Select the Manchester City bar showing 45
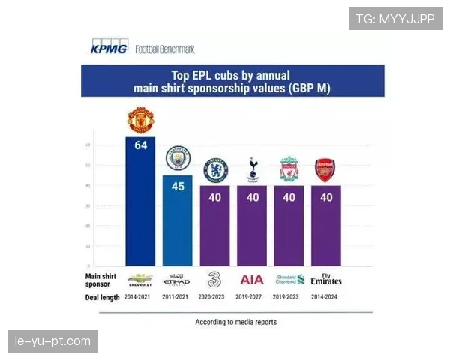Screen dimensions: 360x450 point(178,220)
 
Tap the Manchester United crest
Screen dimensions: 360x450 point(140,120)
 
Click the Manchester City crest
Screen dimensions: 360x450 point(178,159)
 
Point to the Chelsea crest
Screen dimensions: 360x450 point(215,170)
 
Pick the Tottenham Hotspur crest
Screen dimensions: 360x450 point(252,170)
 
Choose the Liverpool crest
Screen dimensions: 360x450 point(289,170)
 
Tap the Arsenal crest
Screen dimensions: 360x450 point(325,170)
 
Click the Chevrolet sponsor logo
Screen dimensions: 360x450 point(140,279)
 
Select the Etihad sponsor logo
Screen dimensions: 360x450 point(178,280)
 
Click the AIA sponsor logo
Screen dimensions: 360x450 point(252,280)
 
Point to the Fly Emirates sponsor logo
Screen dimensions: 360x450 point(326,280)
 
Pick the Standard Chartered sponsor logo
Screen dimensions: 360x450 point(289,280)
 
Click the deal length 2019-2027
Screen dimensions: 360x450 point(252,297)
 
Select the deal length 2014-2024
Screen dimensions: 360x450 point(326,297)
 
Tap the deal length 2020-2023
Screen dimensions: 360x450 point(215,297)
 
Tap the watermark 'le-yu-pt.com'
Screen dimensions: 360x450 point(53,341)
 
